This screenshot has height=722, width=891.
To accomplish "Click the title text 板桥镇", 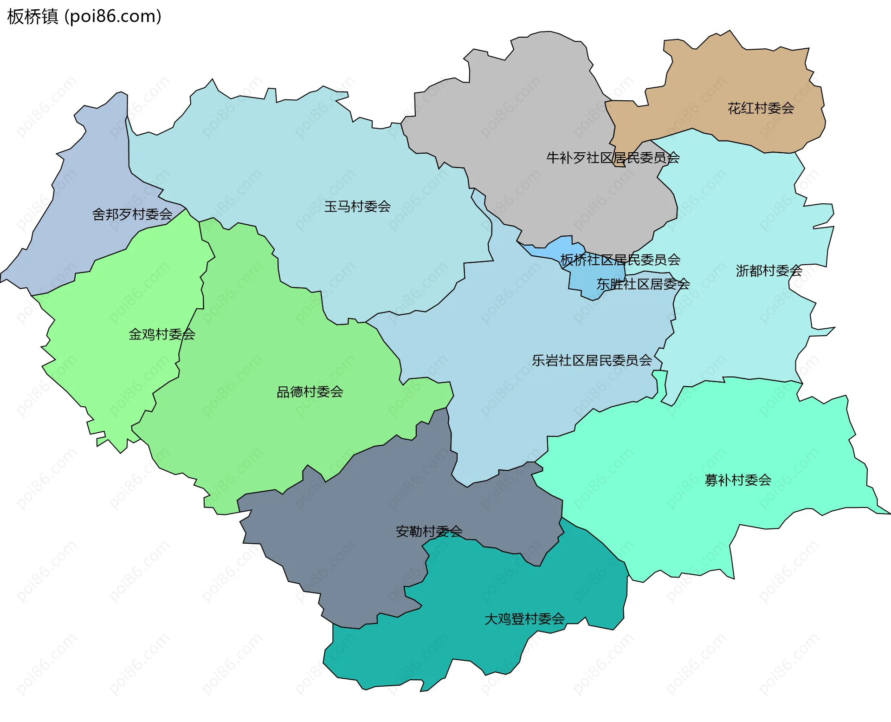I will point(32,17).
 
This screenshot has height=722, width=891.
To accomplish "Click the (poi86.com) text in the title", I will point(113,17).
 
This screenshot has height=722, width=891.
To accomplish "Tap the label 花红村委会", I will point(761,108).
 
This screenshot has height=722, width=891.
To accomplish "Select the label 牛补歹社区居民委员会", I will point(613,158).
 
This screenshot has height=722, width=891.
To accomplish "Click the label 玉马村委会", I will point(357,207).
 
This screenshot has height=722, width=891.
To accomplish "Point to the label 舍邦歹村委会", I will point(132,215).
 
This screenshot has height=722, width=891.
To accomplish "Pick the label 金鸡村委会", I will point(161,334).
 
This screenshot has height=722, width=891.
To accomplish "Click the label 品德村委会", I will point(310,392).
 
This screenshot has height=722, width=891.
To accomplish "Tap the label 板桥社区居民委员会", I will point(620,260).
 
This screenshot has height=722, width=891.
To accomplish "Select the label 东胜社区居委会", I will point(643,284).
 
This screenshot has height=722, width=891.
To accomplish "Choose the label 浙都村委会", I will point(769,271).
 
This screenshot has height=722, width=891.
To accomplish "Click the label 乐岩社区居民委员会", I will point(592,360).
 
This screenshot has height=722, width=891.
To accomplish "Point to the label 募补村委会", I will point(738,480).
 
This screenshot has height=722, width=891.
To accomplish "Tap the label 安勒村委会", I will point(429,531).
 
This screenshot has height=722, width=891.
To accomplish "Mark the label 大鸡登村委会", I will point(524,619).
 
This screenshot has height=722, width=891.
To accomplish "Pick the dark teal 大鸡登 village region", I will point(464,650).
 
